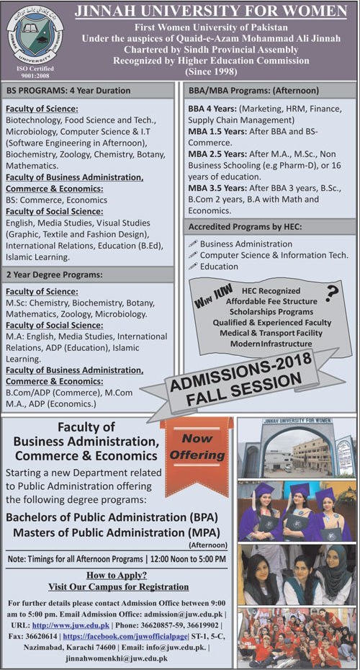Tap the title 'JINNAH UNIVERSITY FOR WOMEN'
click(210, 12)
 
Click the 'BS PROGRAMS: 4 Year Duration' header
click(69, 91)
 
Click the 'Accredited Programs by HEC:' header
click(244, 227)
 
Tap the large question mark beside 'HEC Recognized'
click(332, 292)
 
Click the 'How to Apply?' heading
click(116, 575)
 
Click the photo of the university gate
click(296, 447)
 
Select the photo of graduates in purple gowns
click(296, 512)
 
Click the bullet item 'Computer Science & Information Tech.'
click(274, 255)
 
